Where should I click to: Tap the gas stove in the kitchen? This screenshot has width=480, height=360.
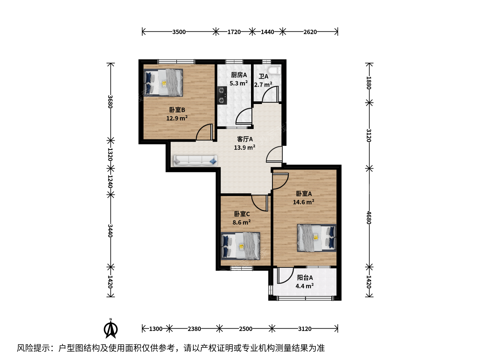coord(222,96)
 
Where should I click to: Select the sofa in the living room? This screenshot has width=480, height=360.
coord(195,161)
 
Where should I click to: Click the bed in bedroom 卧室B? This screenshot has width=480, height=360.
coord(163,83)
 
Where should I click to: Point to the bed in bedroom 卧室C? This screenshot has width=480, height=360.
coord(241,246)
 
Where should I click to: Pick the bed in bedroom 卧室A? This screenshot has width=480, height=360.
coord(317,238)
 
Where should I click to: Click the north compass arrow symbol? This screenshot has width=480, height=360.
coord(111,329)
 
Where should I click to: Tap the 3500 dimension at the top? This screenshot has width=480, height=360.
coord(179,32)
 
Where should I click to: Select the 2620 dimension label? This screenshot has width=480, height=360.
coord(310,32)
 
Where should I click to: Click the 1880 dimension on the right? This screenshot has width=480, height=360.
coord(369,83)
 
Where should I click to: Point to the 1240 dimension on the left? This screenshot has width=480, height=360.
coord(110,182)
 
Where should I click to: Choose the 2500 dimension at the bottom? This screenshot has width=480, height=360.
coord(246,329)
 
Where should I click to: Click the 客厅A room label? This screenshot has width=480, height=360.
coord(245,139)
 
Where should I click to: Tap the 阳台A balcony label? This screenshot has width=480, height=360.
coord(305,278)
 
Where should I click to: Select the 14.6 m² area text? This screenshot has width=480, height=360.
coord(304,202)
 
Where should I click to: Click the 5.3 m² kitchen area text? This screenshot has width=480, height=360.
coord(239,83)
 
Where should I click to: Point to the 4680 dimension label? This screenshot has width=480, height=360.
coord(369,217)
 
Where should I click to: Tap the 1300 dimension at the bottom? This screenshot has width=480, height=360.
coord(156,329)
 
